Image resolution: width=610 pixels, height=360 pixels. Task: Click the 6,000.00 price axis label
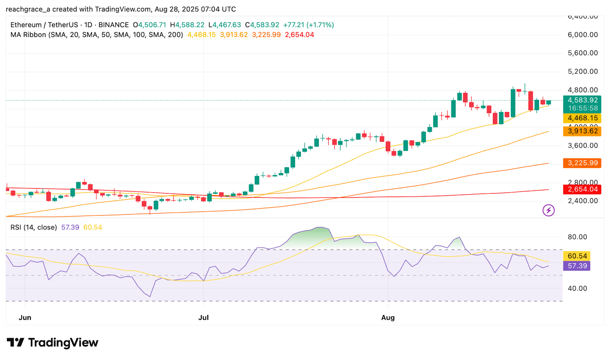pos(583,35)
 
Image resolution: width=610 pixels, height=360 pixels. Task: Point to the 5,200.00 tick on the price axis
pos(583,72)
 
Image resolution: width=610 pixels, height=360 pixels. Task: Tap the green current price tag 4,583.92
pos(583,100)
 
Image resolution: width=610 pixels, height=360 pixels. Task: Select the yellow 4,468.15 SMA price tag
pos(583,118)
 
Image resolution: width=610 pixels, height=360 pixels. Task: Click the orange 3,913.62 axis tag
pos(583,131)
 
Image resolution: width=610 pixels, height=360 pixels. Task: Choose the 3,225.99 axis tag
pos(583,163)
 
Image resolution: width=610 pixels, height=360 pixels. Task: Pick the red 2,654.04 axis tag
pos(583,189)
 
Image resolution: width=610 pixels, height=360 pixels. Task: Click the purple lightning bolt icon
pos(549,210)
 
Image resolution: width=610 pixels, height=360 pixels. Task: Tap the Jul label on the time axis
pos(204,318)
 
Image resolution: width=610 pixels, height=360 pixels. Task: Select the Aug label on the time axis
pos(388,318)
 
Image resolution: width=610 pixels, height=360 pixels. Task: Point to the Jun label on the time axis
pos(25,318)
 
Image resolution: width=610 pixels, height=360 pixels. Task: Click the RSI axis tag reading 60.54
pos(577,256)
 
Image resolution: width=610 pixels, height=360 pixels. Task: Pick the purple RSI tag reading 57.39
pos(577,266)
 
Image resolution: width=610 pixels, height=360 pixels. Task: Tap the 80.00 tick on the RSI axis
pos(577,237)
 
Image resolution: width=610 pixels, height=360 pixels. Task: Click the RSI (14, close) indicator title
pos(34,227)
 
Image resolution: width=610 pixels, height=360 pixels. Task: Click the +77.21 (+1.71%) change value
pos(308,25)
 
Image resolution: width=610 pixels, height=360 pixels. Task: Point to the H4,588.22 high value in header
pos(187,25)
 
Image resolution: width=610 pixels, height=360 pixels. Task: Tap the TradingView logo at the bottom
pos(53,342)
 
